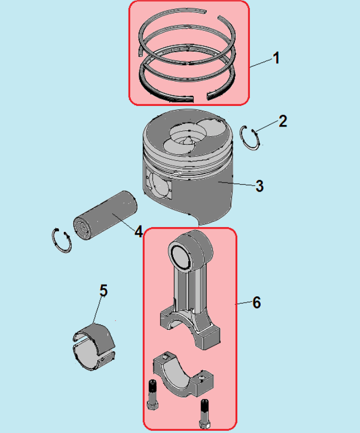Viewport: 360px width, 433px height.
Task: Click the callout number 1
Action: (x=276, y=59)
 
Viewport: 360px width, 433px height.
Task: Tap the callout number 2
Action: (x=283, y=121)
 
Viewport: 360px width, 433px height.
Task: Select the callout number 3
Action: (x=259, y=186)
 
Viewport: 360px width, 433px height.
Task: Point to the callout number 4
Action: (x=138, y=231)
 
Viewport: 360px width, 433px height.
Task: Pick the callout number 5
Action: (x=103, y=290)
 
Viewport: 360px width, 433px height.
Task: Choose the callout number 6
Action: (x=256, y=302)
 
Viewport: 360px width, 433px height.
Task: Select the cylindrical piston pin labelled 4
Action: (x=105, y=215)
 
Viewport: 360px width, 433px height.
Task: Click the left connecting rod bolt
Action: (x=153, y=395)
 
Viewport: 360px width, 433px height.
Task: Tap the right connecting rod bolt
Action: (x=205, y=414)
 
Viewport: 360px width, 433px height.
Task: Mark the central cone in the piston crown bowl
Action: (x=189, y=140)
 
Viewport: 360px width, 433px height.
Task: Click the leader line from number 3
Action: (x=236, y=184)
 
